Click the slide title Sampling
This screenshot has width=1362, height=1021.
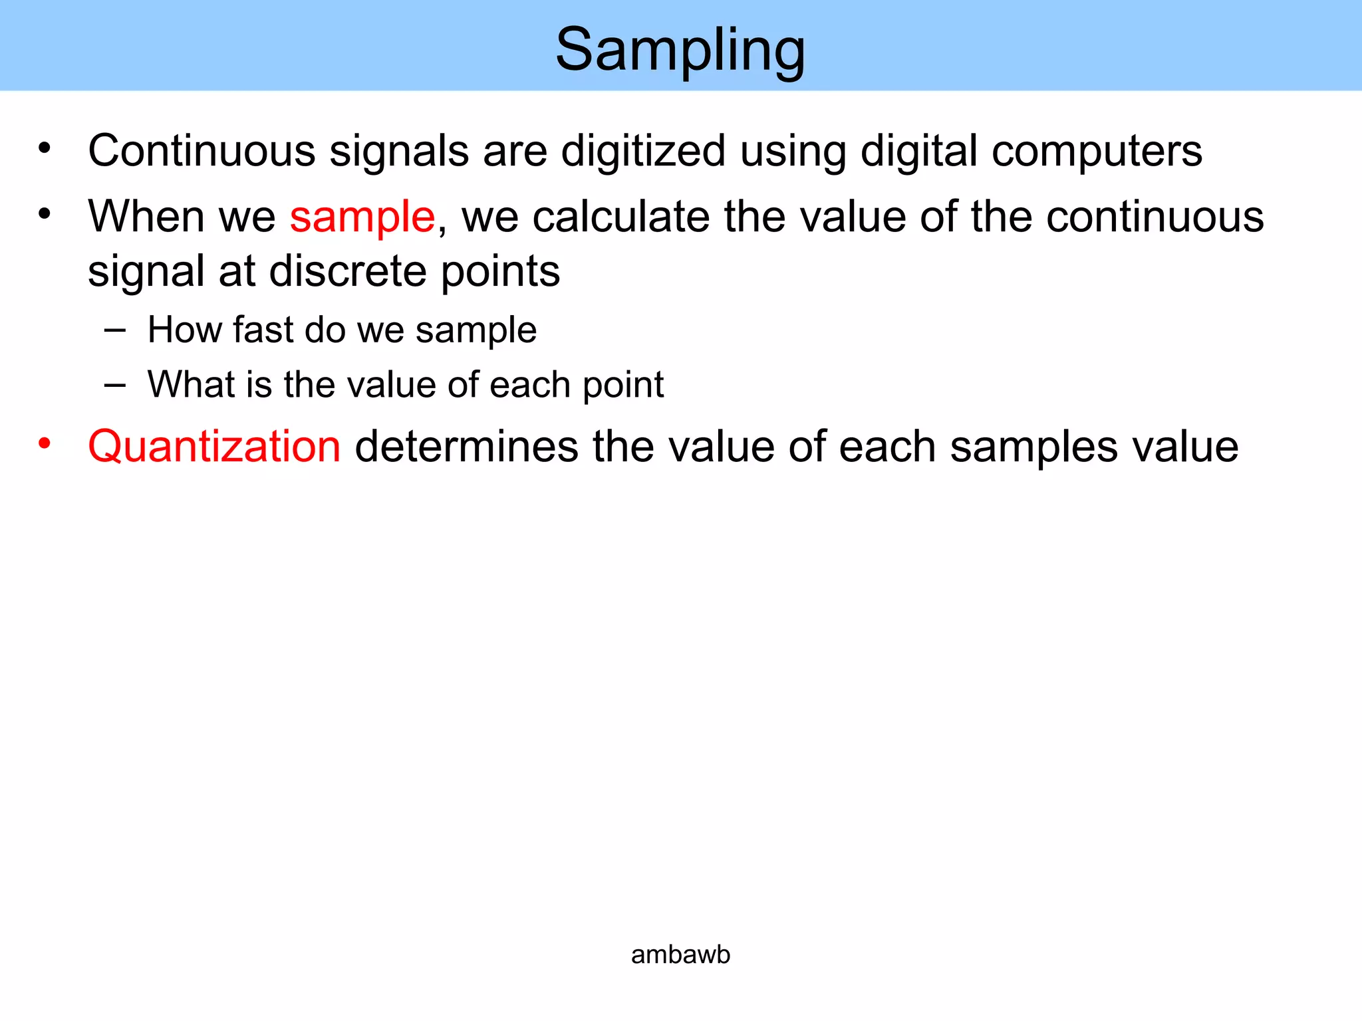[680, 51]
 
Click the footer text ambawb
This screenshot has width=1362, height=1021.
[680, 955]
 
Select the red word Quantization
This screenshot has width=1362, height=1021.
[214, 446]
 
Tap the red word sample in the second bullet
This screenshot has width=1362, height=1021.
[362, 217]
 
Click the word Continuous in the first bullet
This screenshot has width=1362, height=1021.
[202, 151]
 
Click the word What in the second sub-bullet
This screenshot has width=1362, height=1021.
[191, 384]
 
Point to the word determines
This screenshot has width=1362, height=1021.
[467, 446]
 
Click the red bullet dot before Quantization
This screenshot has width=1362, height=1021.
[45, 443]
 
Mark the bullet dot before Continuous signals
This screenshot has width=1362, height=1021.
[45, 148]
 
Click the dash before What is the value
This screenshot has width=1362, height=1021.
[115, 384]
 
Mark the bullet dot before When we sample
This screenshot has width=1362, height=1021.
[45, 214]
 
